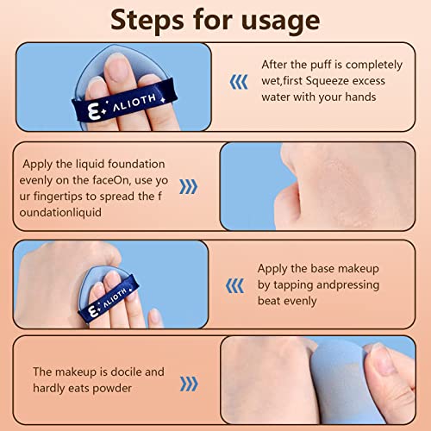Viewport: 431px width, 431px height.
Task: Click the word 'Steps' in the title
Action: pyautogui.click(x=147, y=19)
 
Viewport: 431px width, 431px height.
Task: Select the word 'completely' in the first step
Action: pyautogui.click(x=374, y=66)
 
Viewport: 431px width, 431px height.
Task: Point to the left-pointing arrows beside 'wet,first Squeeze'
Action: pyautogui.click(x=239, y=82)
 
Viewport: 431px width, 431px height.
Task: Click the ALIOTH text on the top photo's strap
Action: pyautogui.click(x=134, y=103)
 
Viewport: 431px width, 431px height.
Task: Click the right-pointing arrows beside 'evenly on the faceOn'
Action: pyautogui.click(x=189, y=187)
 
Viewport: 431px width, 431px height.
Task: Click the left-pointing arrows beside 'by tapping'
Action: pyautogui.click(x=234, y=286)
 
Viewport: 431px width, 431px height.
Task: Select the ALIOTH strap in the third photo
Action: pyautogui.click(x=109, y=299)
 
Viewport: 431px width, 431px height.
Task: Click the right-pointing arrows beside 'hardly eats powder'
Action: pyautogui.click(x=189, y=384)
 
